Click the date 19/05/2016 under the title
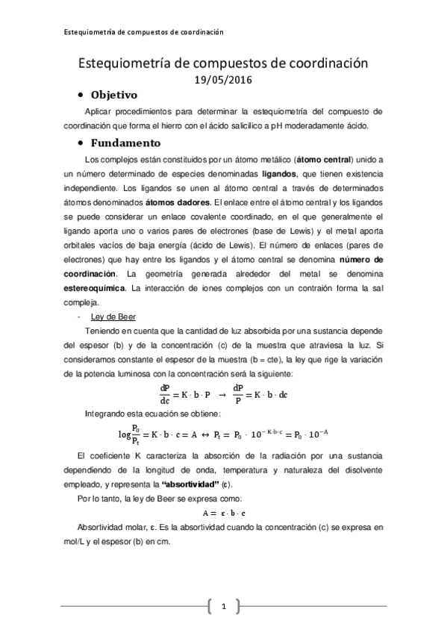coord(224,80)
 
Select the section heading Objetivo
coord(114,95)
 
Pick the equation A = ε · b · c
coord(224,514)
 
